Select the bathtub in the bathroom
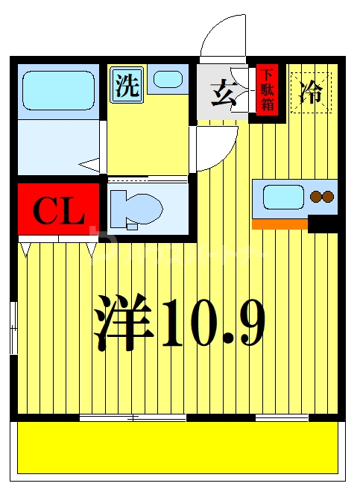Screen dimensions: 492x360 point(57,91)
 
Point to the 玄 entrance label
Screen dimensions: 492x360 point(222,95)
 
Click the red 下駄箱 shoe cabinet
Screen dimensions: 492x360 point(267,90)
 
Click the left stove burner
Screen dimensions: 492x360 point(316,198)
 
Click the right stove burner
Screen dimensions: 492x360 point(327,198)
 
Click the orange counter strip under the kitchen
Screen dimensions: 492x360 point(280,224)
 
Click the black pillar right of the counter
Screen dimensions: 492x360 point(323,224)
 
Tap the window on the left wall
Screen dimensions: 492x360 point(14,328)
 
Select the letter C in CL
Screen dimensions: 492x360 point(45,211)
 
